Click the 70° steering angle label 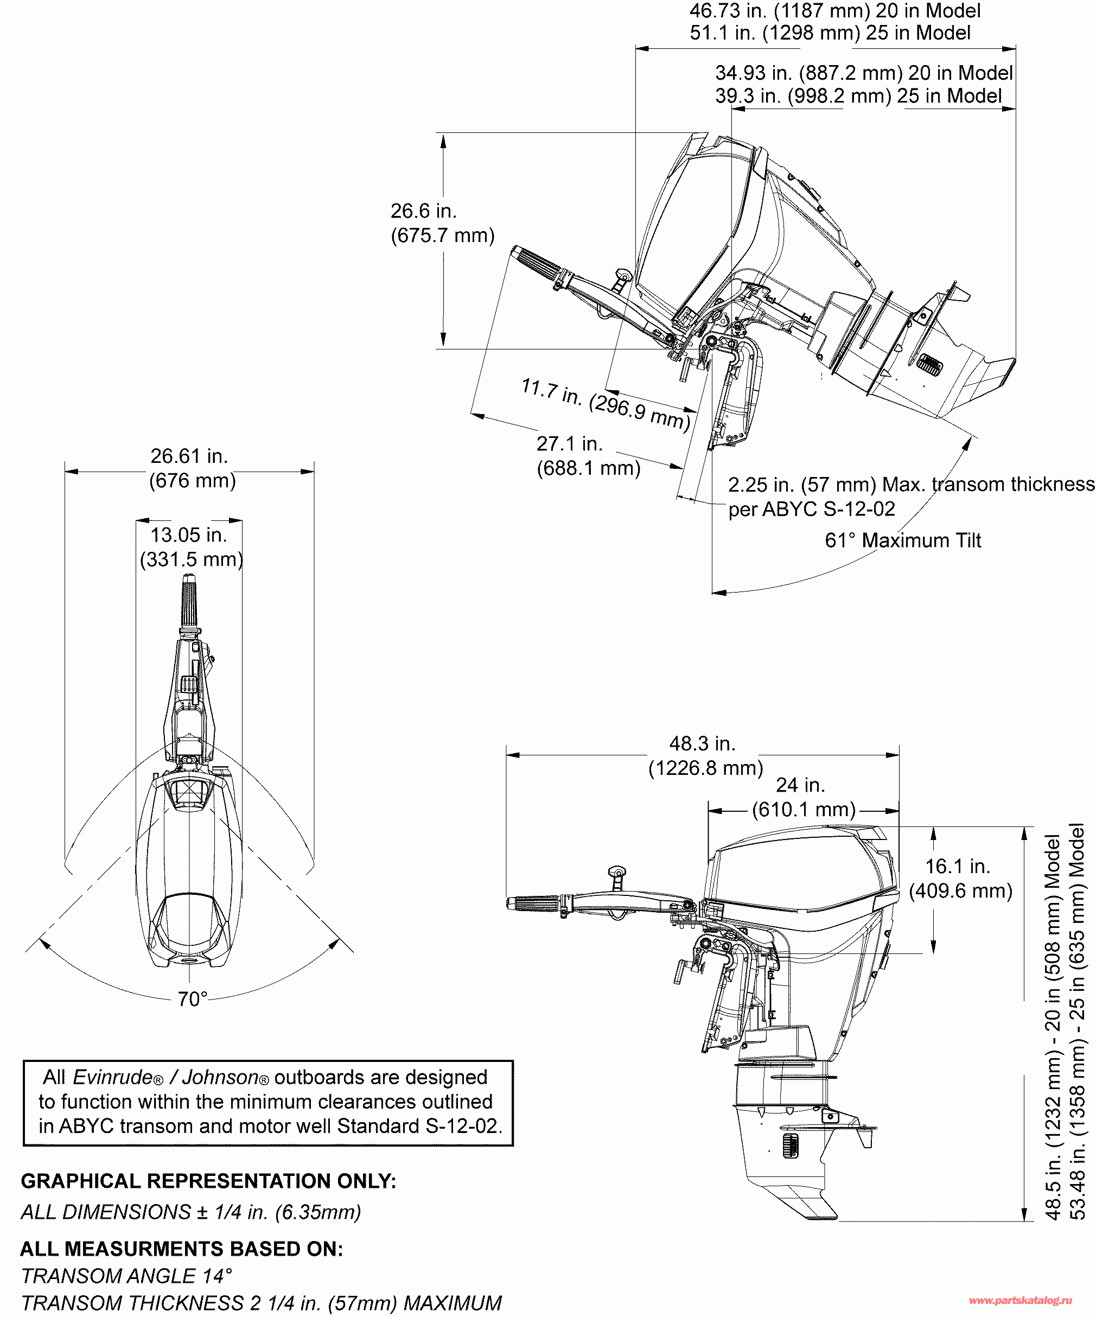tap(193, 998)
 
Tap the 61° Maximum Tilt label tap(903, 540)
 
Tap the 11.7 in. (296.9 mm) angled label tap(606, 404)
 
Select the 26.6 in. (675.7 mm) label tap(442, 222)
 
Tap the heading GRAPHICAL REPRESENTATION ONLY tap(208, 1181)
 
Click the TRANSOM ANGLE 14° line tap(126, 1275)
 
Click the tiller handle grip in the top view tap(189, 600)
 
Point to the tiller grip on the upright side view tap(533, 904)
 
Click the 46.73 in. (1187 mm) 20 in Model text tap(835, 11)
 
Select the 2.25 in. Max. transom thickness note tap(911, 496)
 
